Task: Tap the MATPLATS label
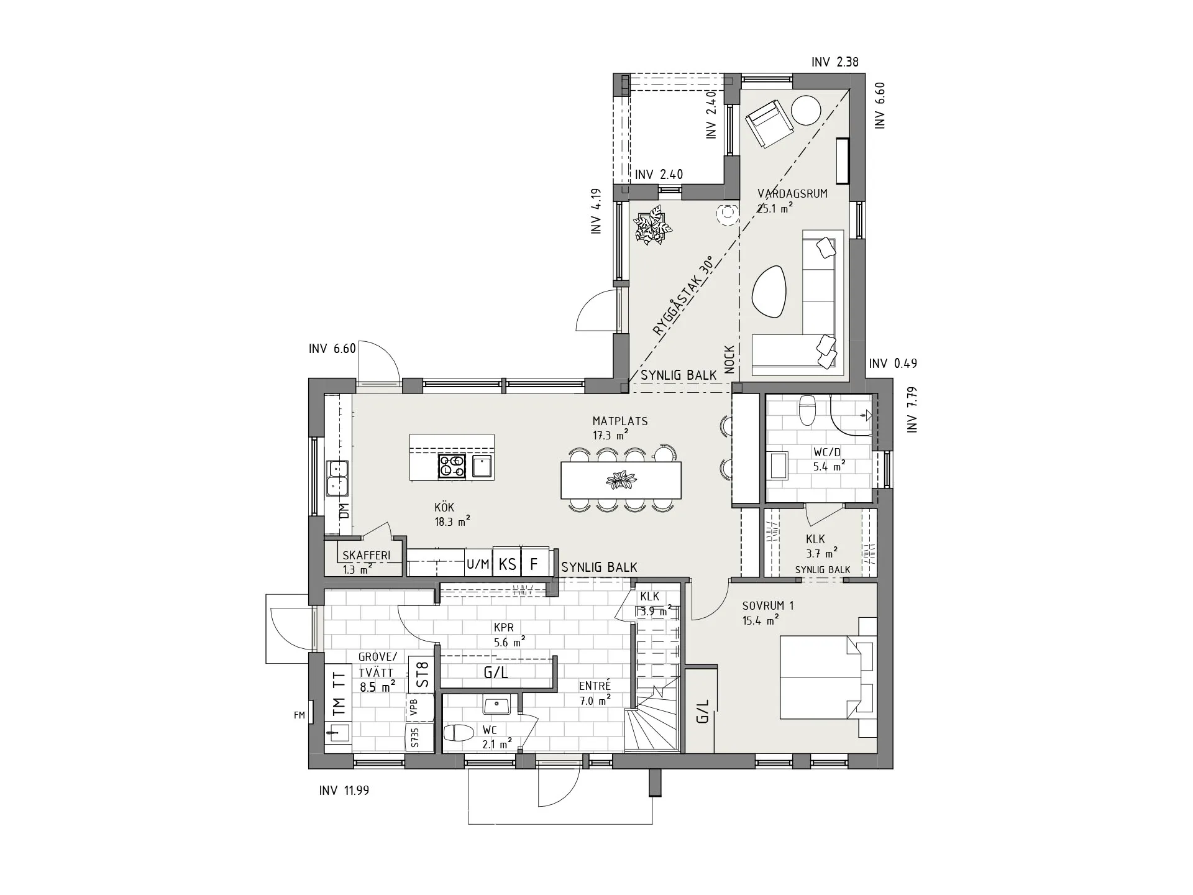click(x=619, y=421)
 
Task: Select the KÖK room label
click(x=444, y=507)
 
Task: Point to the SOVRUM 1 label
click(x=768, y=605)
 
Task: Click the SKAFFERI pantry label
click(x=367, y=555)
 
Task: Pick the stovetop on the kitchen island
click(x=452, y=466)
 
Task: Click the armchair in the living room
click(x=769, y=125)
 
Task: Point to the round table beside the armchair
click(x=806, y=111)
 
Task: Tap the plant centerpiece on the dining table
click(x=620, y=480)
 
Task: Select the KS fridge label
click(x=508, y=564)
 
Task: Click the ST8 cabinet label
click(x=422, y=674)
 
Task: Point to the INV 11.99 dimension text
click(x=344, y=791)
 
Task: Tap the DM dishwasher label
click(x=344, y=511)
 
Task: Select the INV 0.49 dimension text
click(x=893, y=363)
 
